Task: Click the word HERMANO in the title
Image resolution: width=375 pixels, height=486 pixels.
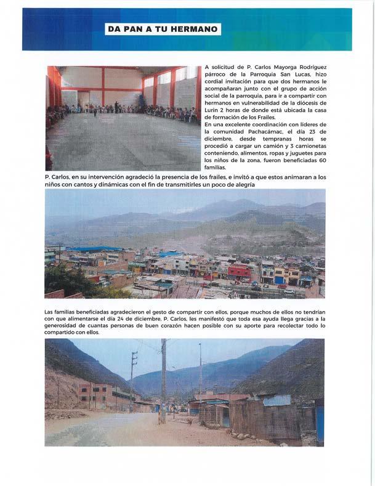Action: [x=194, y=29]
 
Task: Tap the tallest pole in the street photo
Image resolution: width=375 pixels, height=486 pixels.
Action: [x=163, y=382]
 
